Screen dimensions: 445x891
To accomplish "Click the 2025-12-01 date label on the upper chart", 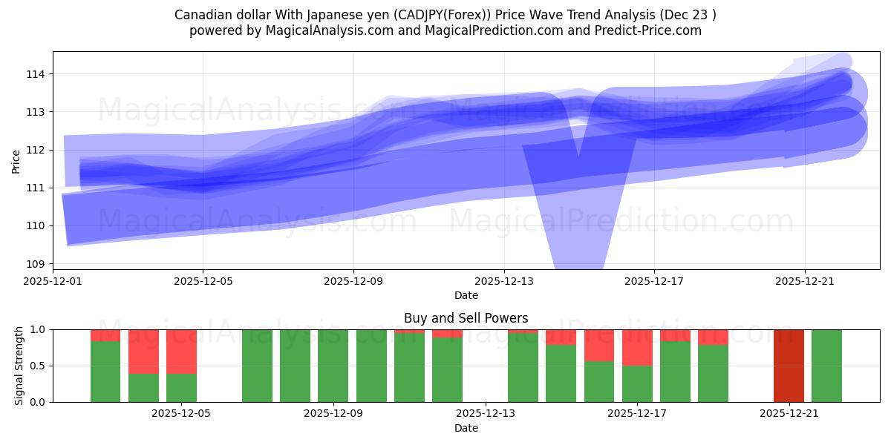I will click(53, 281).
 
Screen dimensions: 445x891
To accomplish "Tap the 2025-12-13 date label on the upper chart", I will click(503, 281).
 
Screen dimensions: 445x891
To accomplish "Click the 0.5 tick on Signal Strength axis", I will click(38, 366).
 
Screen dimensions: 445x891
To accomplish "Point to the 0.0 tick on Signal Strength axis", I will click(38, 402).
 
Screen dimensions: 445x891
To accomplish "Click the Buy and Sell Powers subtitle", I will click(466, 318).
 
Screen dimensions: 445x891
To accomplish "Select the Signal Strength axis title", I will click(19, 365).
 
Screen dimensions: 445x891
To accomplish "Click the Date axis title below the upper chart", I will click(466, 295).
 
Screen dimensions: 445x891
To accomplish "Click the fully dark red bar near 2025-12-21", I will click(789, 366).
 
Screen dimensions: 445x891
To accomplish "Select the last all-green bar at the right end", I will click(826, 366).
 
